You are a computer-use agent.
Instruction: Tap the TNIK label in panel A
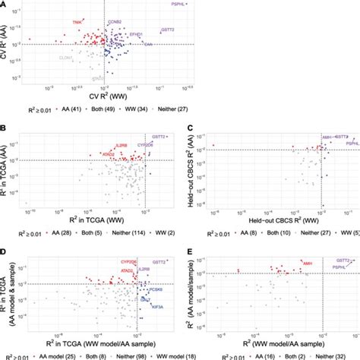click(x=76, y=23)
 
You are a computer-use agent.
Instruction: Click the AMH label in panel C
click(x=326, y=137)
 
